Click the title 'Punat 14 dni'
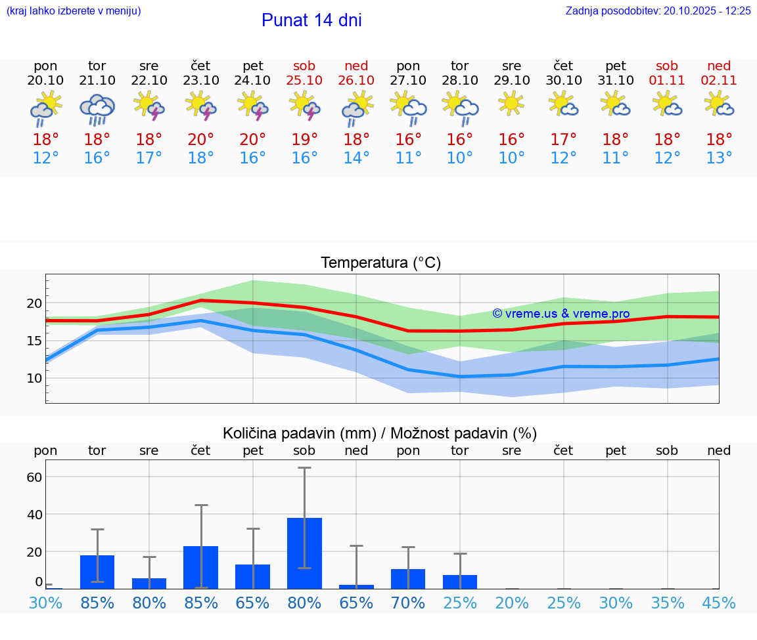(311, 20)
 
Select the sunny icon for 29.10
(511, 103)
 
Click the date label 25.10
(304, 80)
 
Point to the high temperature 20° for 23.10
(200, 139)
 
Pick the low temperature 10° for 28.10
(459, 158)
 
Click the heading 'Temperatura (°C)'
(380, 263)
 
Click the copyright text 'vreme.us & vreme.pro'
(561, 314)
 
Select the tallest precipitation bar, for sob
(304, 553)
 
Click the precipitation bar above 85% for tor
(97, 572)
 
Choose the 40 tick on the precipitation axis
(34, 514)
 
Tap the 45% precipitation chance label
(719, 603)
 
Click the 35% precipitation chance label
(667, 603)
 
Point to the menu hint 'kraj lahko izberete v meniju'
(74, 11)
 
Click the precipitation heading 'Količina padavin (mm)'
(299, 433)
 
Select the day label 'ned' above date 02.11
(719, 66)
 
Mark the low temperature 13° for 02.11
(719, 158)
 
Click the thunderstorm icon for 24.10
(252, 106)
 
